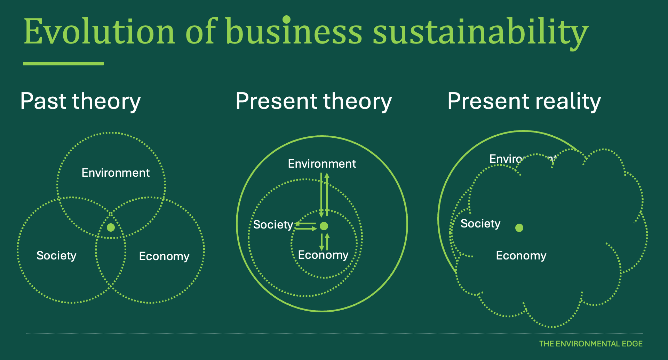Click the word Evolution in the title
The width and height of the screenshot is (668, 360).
99,32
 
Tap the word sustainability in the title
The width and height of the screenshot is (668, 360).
480,32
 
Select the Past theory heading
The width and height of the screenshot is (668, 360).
80,101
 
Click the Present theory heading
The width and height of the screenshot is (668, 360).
313,101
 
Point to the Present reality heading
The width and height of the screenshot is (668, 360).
524,101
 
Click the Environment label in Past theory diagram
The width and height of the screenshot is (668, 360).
116,173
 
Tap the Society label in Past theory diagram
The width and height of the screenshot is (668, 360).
56,256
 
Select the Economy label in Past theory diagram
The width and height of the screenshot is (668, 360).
164,256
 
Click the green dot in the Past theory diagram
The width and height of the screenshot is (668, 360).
111,227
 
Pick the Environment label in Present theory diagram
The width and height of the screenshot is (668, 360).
322,164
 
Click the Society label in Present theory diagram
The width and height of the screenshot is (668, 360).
273,225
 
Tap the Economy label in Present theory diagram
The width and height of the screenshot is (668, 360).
323,255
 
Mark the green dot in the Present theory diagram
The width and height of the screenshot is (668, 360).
324,226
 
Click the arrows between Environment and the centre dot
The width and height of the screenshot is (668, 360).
324,195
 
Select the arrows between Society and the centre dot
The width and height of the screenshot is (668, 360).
306,226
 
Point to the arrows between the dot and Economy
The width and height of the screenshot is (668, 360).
324,241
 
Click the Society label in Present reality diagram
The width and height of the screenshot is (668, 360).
480,223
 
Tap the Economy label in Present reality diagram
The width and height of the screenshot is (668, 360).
521,256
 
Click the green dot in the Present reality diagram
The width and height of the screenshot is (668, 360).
519,228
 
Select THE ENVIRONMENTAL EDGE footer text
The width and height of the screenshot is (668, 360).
591,344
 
